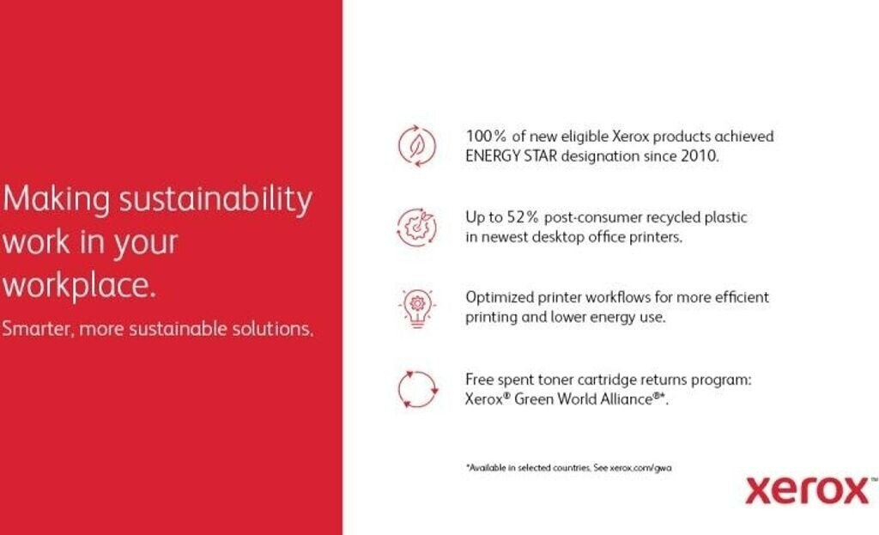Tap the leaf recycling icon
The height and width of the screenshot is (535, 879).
pos(417,146)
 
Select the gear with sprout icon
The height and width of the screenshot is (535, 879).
pos(416,227)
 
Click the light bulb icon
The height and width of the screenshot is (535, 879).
pos(417,308)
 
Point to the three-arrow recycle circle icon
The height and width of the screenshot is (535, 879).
pos(418,389)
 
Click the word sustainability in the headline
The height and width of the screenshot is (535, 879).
pos(215,199)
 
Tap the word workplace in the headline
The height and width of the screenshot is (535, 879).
pos(78,285)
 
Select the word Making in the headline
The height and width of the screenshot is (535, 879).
pos(56,199)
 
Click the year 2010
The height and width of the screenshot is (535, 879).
pos(700,156)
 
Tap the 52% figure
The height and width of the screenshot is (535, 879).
pos(523,217)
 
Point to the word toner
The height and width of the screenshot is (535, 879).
pos(555,380)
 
